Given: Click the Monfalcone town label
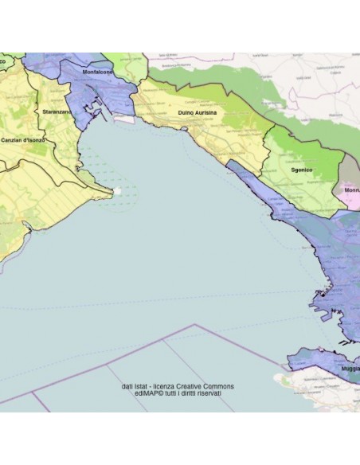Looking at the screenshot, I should [97, 72].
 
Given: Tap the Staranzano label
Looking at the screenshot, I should [57, 113].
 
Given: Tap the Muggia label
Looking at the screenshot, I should [348, 370].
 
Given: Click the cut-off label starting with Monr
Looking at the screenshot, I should [350, 191].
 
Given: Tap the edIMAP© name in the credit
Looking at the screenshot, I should [139, 393].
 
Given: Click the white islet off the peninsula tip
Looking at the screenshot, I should [118, 191].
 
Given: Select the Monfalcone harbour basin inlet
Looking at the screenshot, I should [98, 111].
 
